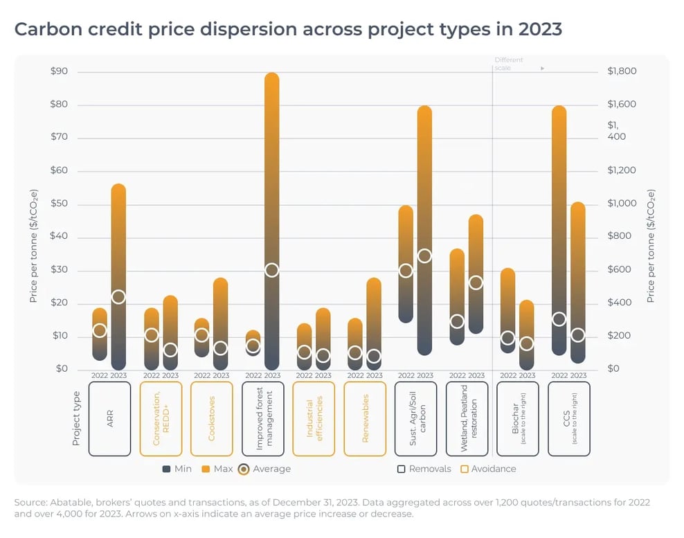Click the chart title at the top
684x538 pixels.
click(288, 30)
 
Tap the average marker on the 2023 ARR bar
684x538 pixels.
click(118, 297)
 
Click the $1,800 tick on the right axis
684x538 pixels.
click(622, 71)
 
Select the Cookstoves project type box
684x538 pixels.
click(211, 419)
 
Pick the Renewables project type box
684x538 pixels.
click(365, 419)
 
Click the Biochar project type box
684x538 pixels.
click(518, 419)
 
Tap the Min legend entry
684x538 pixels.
click(177, 469)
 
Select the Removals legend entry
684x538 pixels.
click(424, 469)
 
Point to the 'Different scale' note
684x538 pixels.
click(510, 64)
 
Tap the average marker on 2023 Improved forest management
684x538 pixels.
click(272, 270)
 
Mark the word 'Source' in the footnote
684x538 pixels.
click(30, 501)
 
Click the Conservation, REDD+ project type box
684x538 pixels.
click(161, 419)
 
